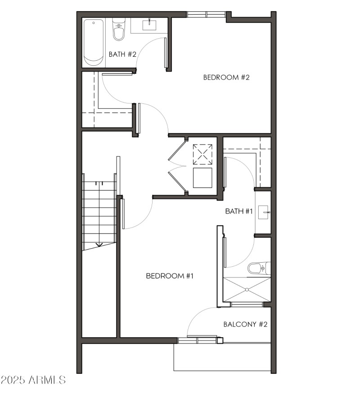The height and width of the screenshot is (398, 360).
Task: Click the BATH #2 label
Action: [x=122, y=54]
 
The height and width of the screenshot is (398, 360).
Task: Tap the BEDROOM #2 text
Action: [x=226, y=77]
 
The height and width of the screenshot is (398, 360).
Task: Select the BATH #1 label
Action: [x=239, y=211]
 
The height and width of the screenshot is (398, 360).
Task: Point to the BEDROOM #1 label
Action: [x=170, y=276]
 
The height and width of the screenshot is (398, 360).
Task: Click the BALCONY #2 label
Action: [x=246, y=324]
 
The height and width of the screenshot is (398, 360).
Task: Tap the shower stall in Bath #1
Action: [x=247, y=289]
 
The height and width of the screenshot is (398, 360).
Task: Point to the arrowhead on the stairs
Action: [x=99, y=245]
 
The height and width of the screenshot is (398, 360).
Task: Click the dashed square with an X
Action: [x=202, y=154]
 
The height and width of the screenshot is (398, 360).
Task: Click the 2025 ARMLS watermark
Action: [x=33, y=380]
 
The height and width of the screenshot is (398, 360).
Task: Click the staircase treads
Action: [x=99, y=211]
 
